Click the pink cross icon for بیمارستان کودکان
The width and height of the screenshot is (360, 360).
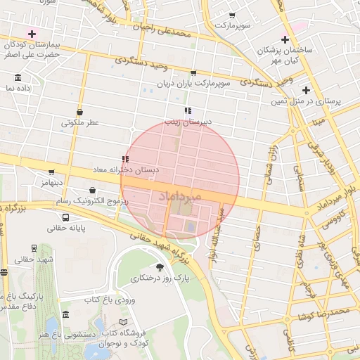click(32, 34)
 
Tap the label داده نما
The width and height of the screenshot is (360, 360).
click(19, 89)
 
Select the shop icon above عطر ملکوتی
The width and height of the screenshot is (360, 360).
click(79, 112)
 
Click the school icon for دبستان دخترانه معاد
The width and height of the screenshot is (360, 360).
click(124, 160)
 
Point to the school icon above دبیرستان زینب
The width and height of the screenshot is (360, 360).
click(188, 110)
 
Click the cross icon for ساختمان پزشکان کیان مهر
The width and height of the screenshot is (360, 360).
click(285, 39)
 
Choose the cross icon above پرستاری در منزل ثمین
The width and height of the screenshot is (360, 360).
click(306, 90)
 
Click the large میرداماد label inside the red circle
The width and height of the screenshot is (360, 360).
click(180, 195)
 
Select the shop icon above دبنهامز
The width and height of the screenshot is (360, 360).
click(51, 172)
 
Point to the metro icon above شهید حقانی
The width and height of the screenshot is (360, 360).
click(33, 248)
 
